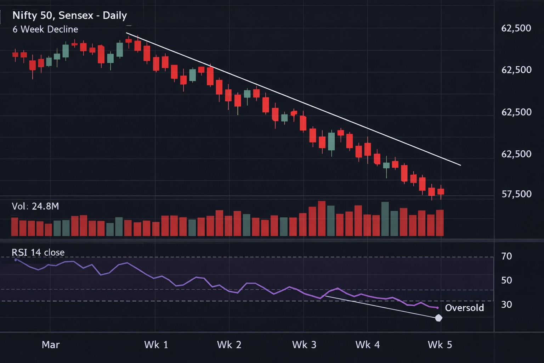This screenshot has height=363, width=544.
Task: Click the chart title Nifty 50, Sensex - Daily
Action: pos(69,16)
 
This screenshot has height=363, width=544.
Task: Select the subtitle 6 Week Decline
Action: pos(45,29)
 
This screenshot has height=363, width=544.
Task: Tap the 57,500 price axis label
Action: pos(516,194)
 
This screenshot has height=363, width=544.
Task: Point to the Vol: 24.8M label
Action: pos(35,206)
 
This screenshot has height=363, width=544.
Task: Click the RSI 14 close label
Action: pos(38,252)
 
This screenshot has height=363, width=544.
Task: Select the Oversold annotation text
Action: pos(464,308)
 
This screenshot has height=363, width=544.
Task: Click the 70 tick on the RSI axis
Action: pos(506,256)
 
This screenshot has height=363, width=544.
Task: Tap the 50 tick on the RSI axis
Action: pos(506,280)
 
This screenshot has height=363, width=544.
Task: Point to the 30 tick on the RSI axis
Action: pos(506,305)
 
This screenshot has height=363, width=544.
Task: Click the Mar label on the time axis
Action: pos(51,345)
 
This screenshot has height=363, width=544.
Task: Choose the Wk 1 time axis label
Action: pos(156,345)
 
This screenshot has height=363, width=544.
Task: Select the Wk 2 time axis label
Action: pos(229,345)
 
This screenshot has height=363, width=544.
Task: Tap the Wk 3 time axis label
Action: pos(304,345)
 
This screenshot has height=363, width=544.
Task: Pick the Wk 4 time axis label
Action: pos(367,345)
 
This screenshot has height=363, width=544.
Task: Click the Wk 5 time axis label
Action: pos(440,345)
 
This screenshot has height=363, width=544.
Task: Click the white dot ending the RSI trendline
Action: pos(438,318)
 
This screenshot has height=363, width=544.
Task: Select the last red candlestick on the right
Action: pos(441,192)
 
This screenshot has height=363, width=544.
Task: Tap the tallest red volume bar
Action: pos(322,218)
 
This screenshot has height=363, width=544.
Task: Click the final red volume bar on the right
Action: pos(440,223)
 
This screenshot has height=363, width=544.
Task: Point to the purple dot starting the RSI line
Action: pos(16,260)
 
